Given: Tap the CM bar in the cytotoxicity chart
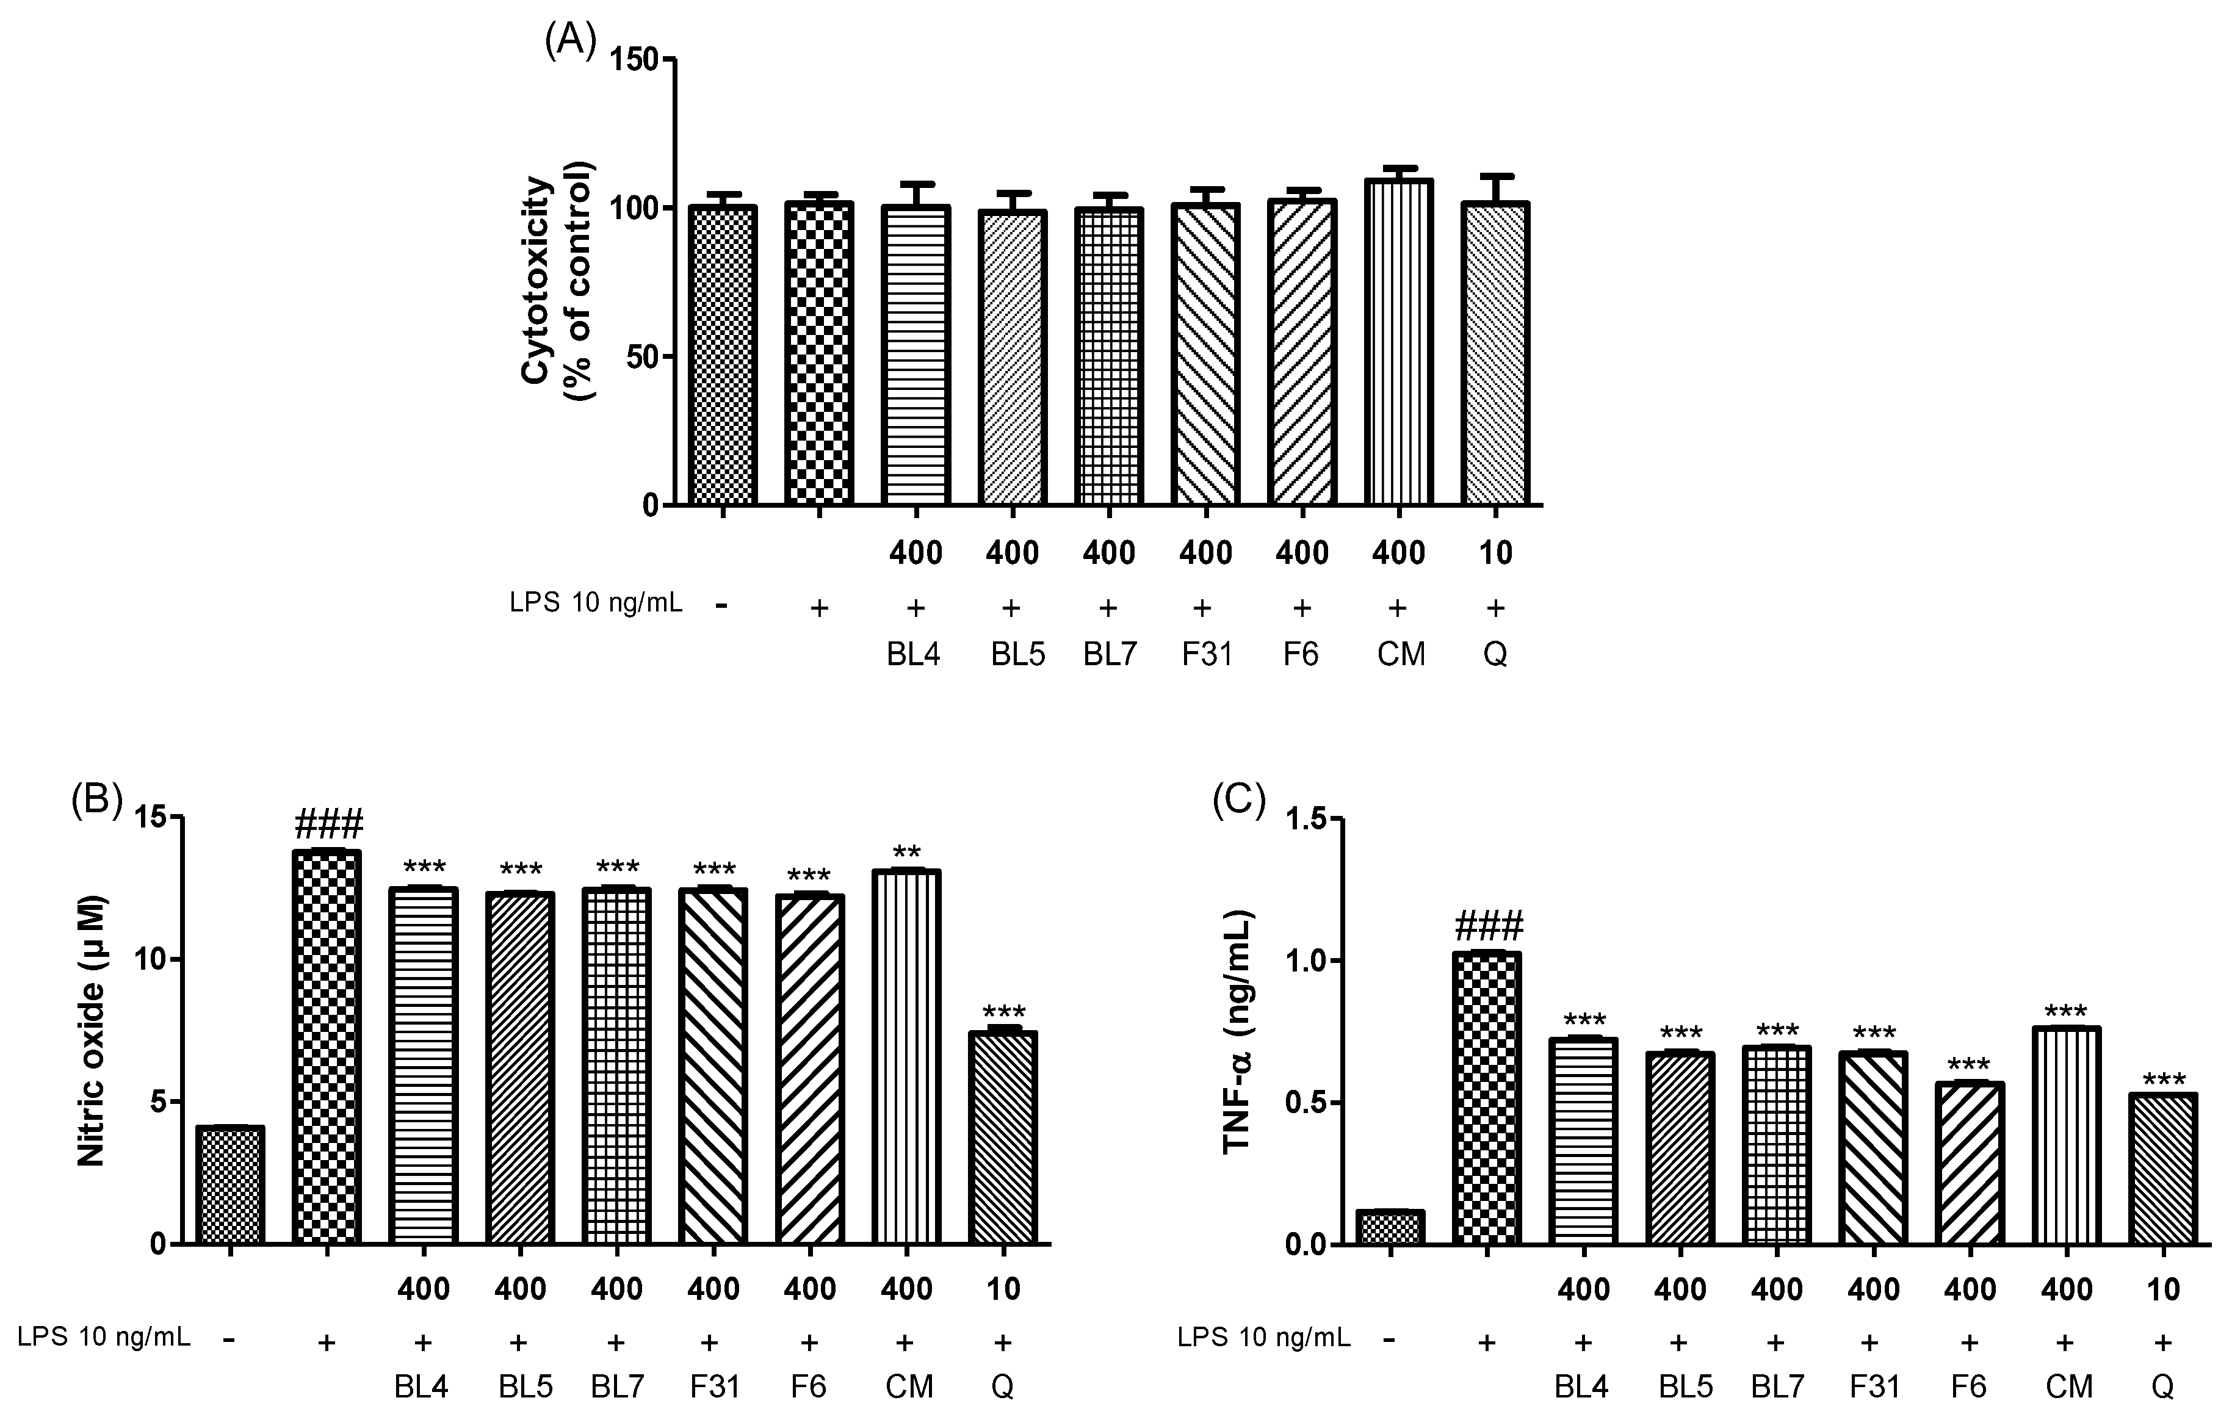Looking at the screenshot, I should [1399, 343].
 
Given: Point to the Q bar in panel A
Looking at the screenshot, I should [1495, 352].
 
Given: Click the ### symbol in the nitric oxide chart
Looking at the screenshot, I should [328, 823].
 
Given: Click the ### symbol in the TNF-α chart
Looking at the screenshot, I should [1489, 925].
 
